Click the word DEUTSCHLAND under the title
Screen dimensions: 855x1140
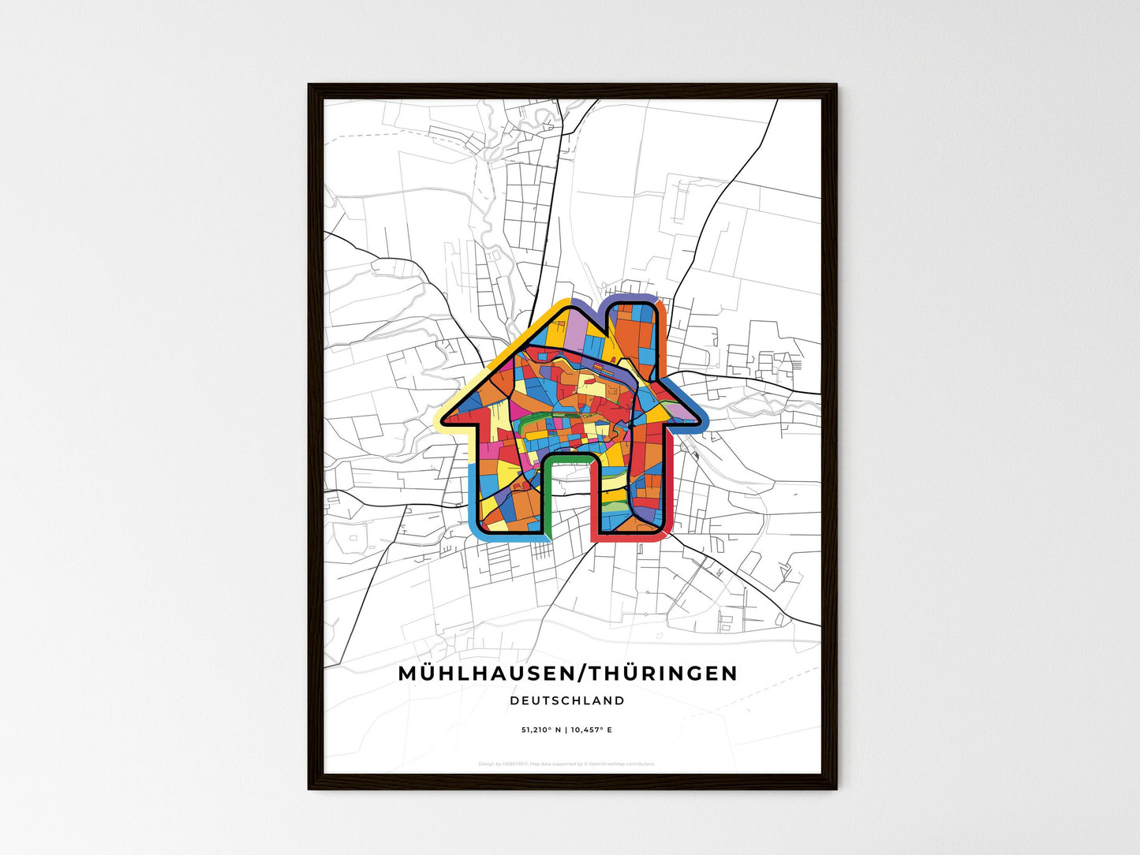(x=566, y=700)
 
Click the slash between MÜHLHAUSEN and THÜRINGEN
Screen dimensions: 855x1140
(x=584, y=674)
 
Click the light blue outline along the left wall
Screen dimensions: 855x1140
(x=472, y=497)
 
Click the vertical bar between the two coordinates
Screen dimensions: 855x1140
(x=566, y=730)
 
